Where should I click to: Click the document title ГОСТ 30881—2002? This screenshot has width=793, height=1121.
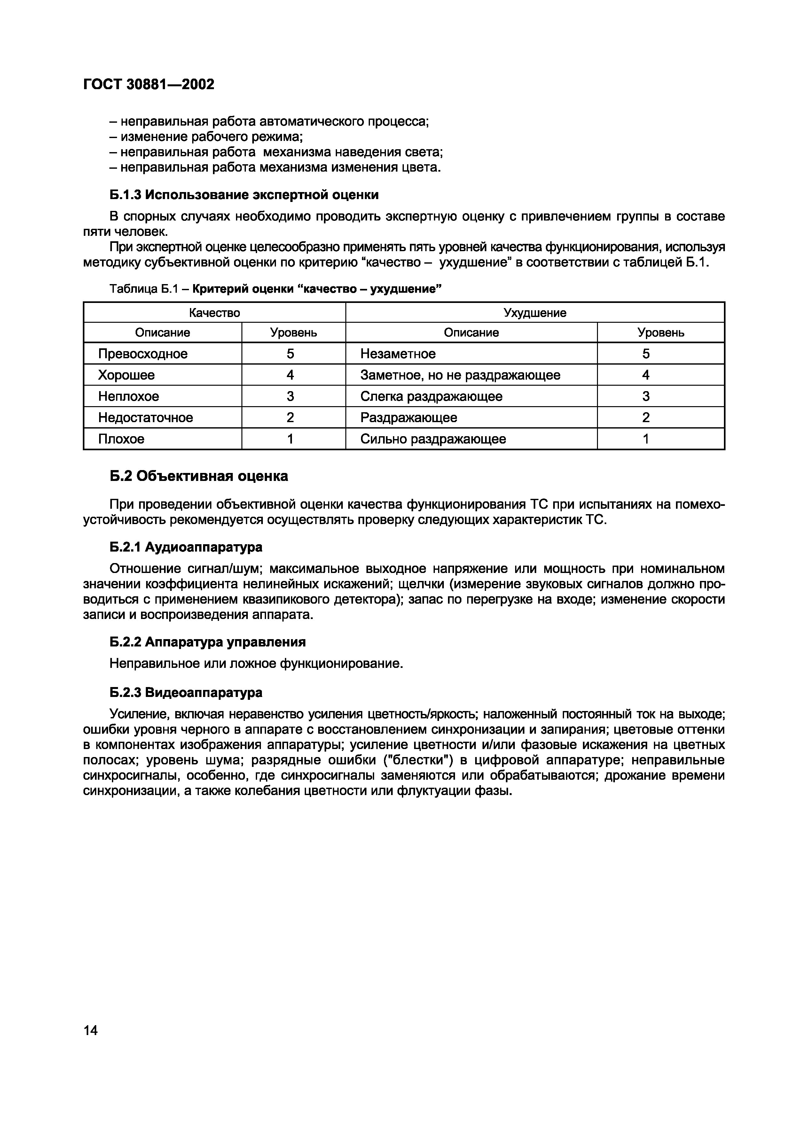[x=149, y=84]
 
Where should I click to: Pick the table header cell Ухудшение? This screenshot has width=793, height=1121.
[x=535, y=313]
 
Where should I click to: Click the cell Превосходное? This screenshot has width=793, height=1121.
[x=143, y=353]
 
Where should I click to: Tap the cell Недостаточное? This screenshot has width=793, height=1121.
[x=145, y=417]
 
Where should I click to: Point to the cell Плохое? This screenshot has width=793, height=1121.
[x=121, y=439]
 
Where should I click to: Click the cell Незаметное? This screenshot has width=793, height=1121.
[x=398, y=353]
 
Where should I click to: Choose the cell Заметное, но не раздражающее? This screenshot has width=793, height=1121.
[x=460, y=375]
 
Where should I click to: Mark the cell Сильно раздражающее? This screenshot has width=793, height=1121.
[x=433, y=439]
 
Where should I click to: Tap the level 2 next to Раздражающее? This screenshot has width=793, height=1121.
[x=646, y=417]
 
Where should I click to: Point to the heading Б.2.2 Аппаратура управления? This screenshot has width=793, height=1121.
[x=208, y=642]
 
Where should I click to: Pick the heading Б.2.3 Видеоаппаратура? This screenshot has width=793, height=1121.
[x=186, y=692]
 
